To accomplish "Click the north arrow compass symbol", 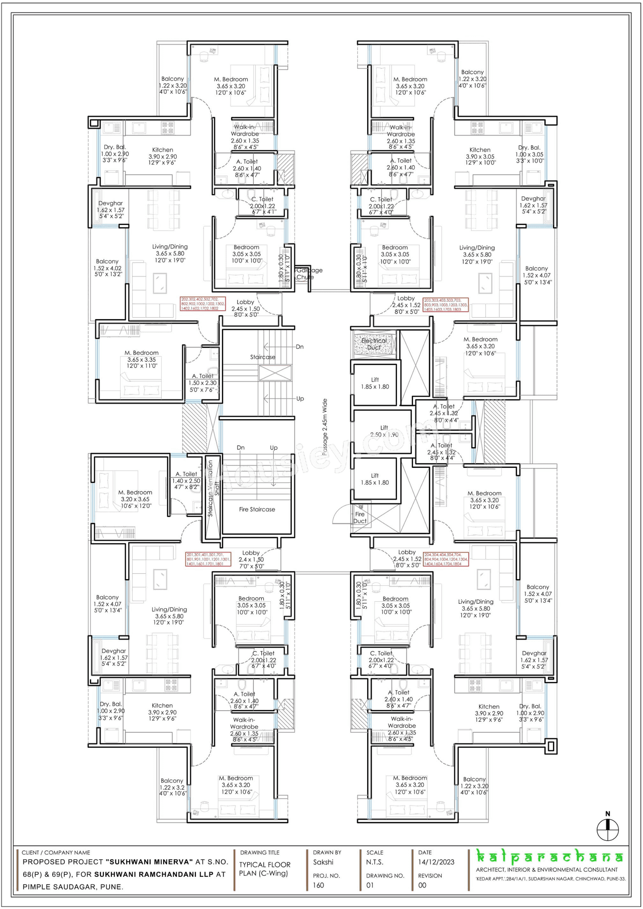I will [x=607, y=830].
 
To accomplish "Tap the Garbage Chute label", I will [x=308, y=274].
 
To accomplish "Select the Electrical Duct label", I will [x=374, y=344].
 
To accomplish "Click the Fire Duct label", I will [x=360, y=517].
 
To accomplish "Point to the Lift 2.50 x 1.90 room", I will [x=384, y=431].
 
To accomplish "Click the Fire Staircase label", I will [x=257, y=509].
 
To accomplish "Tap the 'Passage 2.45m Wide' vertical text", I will [x=325, y=427].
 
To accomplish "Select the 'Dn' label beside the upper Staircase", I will [x=299, y=347].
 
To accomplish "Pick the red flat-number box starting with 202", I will [x=203, y=304].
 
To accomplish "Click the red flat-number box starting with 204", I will [x=446, y=560].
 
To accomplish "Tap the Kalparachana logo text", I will [x=550, y=857].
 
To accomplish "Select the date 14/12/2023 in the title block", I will [x=436, y=862].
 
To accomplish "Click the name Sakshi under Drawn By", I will [x=323, y=862].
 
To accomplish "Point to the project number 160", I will [x=318, y=885].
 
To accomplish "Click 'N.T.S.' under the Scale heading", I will [x=375, y=862].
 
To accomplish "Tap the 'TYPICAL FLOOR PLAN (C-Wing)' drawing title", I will [x=264, y=869].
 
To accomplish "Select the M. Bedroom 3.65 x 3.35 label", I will [x=142, y=359].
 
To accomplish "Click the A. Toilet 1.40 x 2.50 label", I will [x=186, y=480].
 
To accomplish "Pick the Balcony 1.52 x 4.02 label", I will [x=108, y=268].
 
